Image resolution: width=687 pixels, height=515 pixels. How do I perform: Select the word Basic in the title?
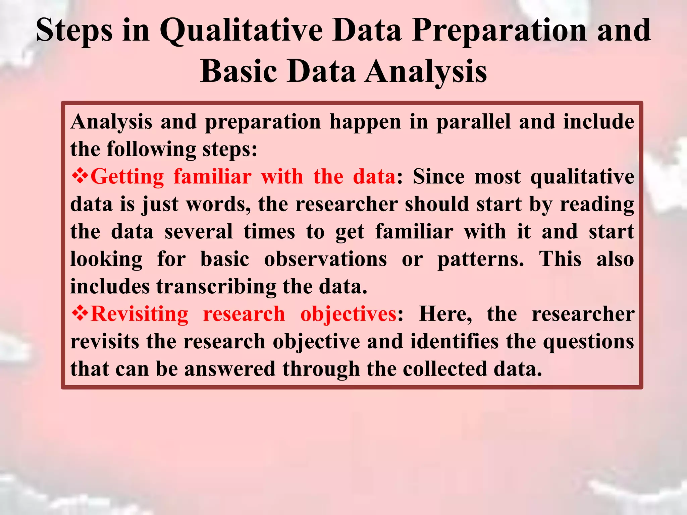click(x=239, y=71)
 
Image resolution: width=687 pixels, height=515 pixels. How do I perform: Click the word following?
click(x=151, y=149)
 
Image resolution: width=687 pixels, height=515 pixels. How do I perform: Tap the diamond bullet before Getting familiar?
click(x=80, y=176)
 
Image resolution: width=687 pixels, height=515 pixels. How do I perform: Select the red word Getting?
click(x=127, y=177)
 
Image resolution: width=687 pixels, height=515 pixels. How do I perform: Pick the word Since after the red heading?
click(x=438, y=176)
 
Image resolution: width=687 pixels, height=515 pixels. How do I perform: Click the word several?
click(x=199, y=231)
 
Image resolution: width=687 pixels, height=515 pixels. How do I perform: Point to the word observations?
click(x=325, y=259)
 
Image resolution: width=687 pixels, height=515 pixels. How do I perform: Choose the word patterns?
click(x=480, y=260)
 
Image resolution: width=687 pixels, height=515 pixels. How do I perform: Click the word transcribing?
click(x=216, y=287)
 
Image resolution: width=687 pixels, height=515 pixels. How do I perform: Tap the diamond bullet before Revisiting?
click(x=80, y=314)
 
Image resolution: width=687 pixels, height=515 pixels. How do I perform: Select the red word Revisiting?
click(x=139, y=314)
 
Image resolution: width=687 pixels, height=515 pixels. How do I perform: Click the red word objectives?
click(x=348, y=314)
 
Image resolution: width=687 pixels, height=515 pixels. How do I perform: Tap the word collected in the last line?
click(x=445, y=369)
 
